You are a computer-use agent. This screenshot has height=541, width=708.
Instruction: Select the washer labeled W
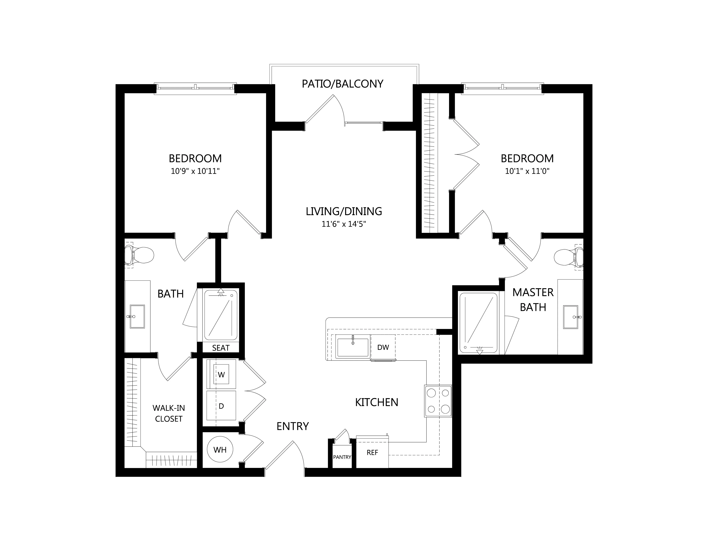point(221,374)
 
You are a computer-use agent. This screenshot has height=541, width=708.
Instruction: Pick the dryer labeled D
point(221,406)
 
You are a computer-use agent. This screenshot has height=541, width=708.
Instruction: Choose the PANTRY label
point(342,457)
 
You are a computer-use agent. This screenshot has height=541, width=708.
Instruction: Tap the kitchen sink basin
point(353,348)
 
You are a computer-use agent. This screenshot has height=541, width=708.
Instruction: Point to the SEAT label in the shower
point(221,348)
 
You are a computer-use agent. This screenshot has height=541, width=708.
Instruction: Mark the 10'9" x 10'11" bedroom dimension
point(195,171)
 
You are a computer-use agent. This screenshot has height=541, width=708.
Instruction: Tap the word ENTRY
point(293,426)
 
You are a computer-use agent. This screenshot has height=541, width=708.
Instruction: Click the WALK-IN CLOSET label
point(169,413)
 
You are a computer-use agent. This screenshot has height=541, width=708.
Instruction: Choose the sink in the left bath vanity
point(137,317)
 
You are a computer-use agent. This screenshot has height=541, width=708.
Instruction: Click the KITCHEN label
point(377,402)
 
